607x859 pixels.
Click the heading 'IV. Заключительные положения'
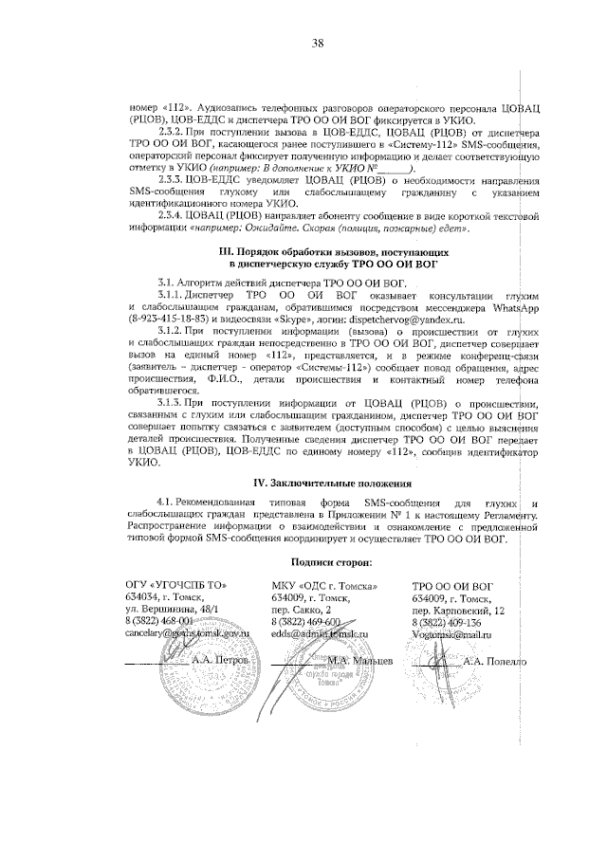point(321,483)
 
